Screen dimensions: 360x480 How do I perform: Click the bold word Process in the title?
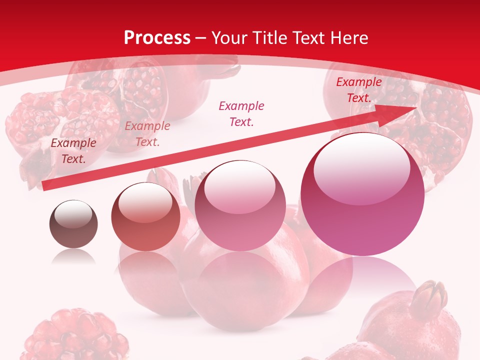click(x=157, y=37)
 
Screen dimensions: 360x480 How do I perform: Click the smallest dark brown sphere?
click(x=73, y=224)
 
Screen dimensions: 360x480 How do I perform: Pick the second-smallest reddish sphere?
click(x=145, y=216)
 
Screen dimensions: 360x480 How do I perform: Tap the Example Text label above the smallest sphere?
click(x=73, y=151)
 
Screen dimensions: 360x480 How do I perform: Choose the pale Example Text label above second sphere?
click(x=147, y=134)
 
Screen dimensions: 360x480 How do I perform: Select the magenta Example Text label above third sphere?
click(x=241, y=113)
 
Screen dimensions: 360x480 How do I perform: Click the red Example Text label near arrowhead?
click(x=359, y=90)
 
